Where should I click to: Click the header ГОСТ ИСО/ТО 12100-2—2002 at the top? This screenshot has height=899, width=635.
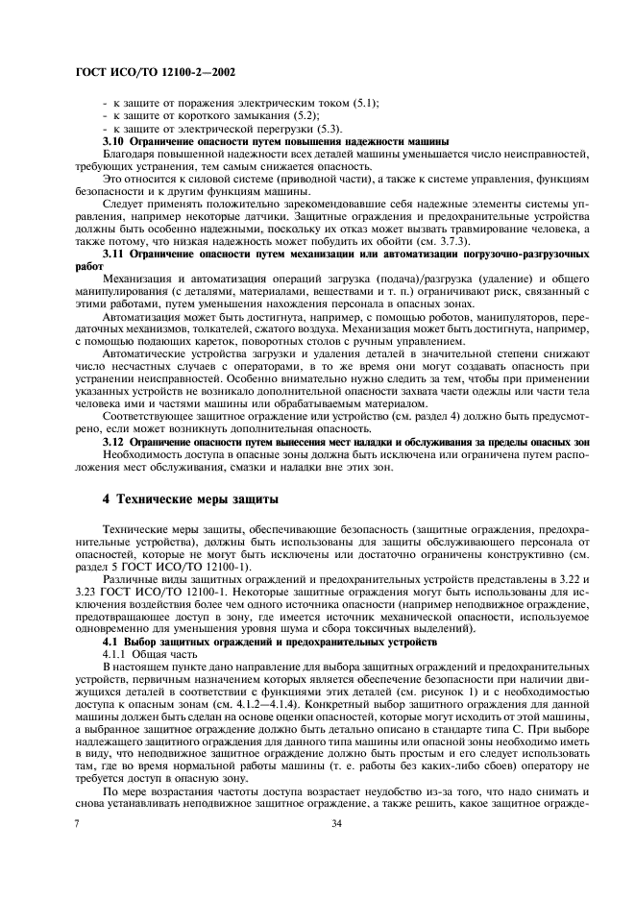pyautogui.click(x=154, y=71)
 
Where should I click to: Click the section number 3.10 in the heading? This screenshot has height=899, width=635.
pyautogui.click(x=113, y=141)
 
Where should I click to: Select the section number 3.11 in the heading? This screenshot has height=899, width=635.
pyautogui.click(x=113, y=256)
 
